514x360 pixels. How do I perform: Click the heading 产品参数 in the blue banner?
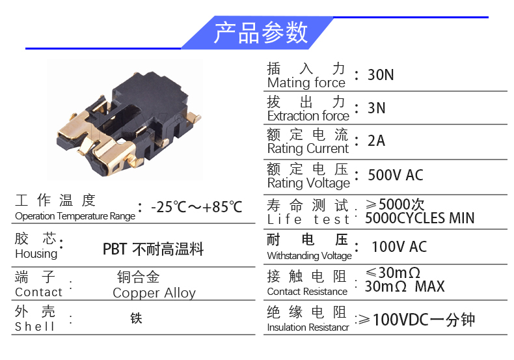tap(261, 33)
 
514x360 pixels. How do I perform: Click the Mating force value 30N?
tap(381, 75)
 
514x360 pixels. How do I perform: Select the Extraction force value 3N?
tap(376, 108)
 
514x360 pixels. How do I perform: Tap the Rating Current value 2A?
tap(376, 141)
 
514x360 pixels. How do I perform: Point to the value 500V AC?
tap(396, 174)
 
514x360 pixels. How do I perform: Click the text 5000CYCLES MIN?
tap(420, 218)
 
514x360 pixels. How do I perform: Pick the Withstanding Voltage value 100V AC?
tap(399, 247)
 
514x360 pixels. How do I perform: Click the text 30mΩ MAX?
tap(405, 286)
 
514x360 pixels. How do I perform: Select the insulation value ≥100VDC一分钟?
tap(416, 320)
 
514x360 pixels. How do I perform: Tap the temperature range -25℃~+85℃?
tap(196, 207)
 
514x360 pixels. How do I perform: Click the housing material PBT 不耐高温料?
tap(153, 249)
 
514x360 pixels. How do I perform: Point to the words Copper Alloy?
tap(154, 292)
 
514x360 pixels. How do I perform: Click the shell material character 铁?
tap(136, 318)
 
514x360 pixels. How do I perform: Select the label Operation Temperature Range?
tap(75, 216)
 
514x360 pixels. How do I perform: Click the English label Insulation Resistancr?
tap(308, 327)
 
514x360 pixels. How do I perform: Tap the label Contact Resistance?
tap(307, 291)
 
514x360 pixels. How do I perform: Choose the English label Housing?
tap(36, 254)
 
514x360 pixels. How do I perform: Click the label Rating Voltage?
tap(309, 183)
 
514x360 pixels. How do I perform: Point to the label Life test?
tap(308, 219)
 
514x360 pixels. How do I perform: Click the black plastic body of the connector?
tap(149, 98)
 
